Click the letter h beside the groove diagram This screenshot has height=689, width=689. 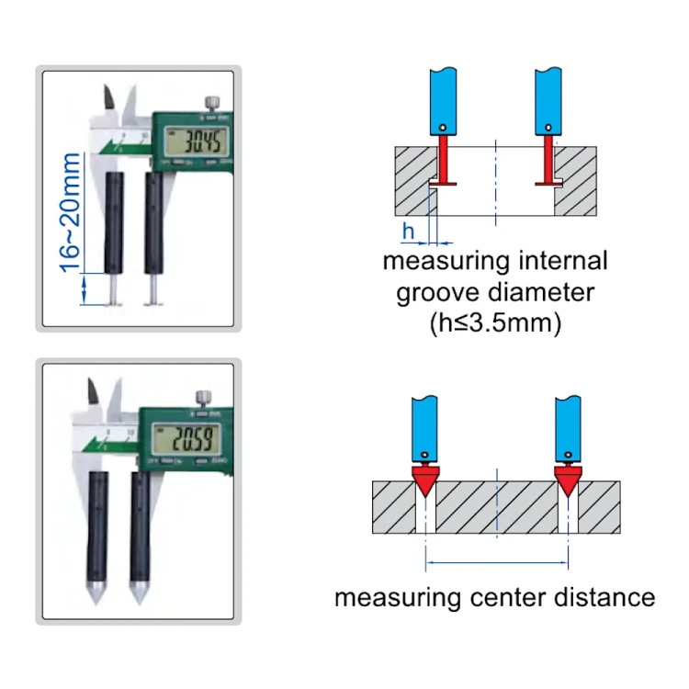point(409,229)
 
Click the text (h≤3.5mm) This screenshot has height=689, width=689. point(495,322)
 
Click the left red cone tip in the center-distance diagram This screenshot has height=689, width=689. point(424,480)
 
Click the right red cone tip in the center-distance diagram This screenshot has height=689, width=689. point(569,480)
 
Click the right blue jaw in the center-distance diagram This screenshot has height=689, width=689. point(569,428)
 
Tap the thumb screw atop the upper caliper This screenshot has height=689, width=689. point(212,100)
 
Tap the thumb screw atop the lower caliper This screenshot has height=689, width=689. point(201,397)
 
